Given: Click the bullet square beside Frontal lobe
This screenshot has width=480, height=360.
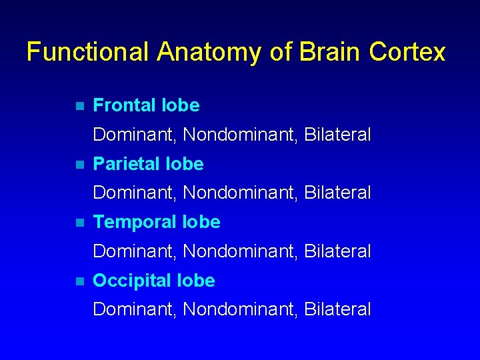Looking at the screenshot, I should (x=79, y=106).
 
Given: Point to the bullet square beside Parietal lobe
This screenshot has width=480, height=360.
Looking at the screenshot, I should (x=79, y=164).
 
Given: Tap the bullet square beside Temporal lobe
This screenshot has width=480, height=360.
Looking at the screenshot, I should (x=79, y=223).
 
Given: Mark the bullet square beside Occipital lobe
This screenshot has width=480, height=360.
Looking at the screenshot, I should (x=79, y=281).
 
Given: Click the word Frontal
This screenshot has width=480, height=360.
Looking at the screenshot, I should (x=125, y=105).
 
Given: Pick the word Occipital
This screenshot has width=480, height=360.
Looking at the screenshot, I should (x=131, y=281).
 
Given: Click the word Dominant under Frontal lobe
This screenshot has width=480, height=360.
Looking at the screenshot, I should (x=134, y=135).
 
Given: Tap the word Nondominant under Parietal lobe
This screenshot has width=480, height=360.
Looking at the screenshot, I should (x=240, y=193).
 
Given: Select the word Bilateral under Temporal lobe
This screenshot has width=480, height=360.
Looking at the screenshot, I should (x=337, y=251).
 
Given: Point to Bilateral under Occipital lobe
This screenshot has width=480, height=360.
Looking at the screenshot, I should (x=337, y=309).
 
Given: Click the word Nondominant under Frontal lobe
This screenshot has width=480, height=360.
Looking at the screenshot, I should (x=240, y=135).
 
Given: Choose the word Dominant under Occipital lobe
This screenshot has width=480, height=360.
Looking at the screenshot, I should (x=134, y=309).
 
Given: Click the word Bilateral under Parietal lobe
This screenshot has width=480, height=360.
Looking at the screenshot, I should (x=337, y=193).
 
